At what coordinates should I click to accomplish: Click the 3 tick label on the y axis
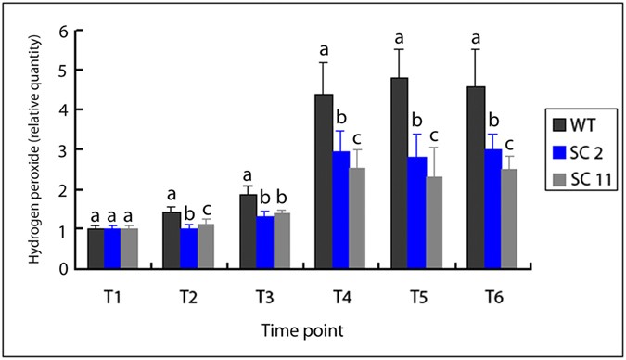click(x=63, y=149)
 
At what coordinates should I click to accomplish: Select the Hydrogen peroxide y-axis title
click(x=35, y=149)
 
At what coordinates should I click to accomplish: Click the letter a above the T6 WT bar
click(x=475, y=38)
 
